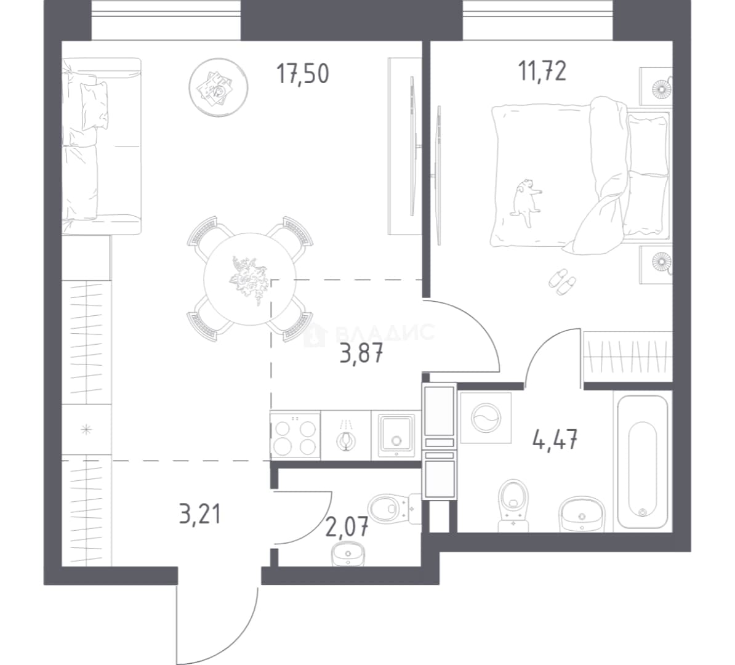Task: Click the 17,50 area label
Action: click(303, 74)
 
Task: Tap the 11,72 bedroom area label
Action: click(542, 71)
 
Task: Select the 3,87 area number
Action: click(361, 353)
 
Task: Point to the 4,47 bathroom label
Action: click(555, 440)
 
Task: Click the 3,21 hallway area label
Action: click(199, 514)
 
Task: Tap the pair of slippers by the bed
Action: click(562, 282)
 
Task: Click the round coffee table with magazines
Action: click(219, 87)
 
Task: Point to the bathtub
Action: click(642, 462)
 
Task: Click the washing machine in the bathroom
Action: click(486, 418)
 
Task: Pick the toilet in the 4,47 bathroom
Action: click(514, 505)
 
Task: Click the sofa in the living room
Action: click(102, 147)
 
